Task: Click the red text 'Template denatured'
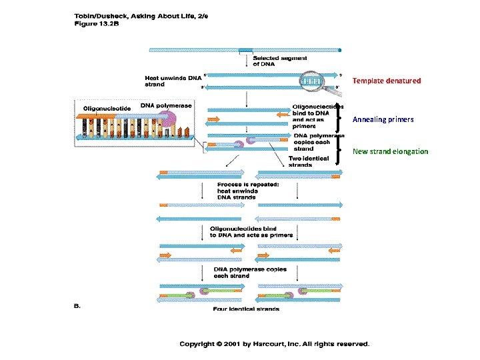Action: tap(387, 81)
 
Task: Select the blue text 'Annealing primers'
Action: tap(383, 119)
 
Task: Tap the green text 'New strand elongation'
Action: tap(390, 151)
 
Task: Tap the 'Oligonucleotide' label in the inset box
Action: tap(107, 108)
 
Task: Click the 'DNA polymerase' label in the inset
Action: tap(165, 105)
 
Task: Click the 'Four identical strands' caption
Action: tap(246, 309)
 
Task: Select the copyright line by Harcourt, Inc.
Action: tap(274, 344)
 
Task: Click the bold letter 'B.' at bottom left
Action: tap(76, 306)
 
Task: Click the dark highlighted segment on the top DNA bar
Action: tap(245, 49)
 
